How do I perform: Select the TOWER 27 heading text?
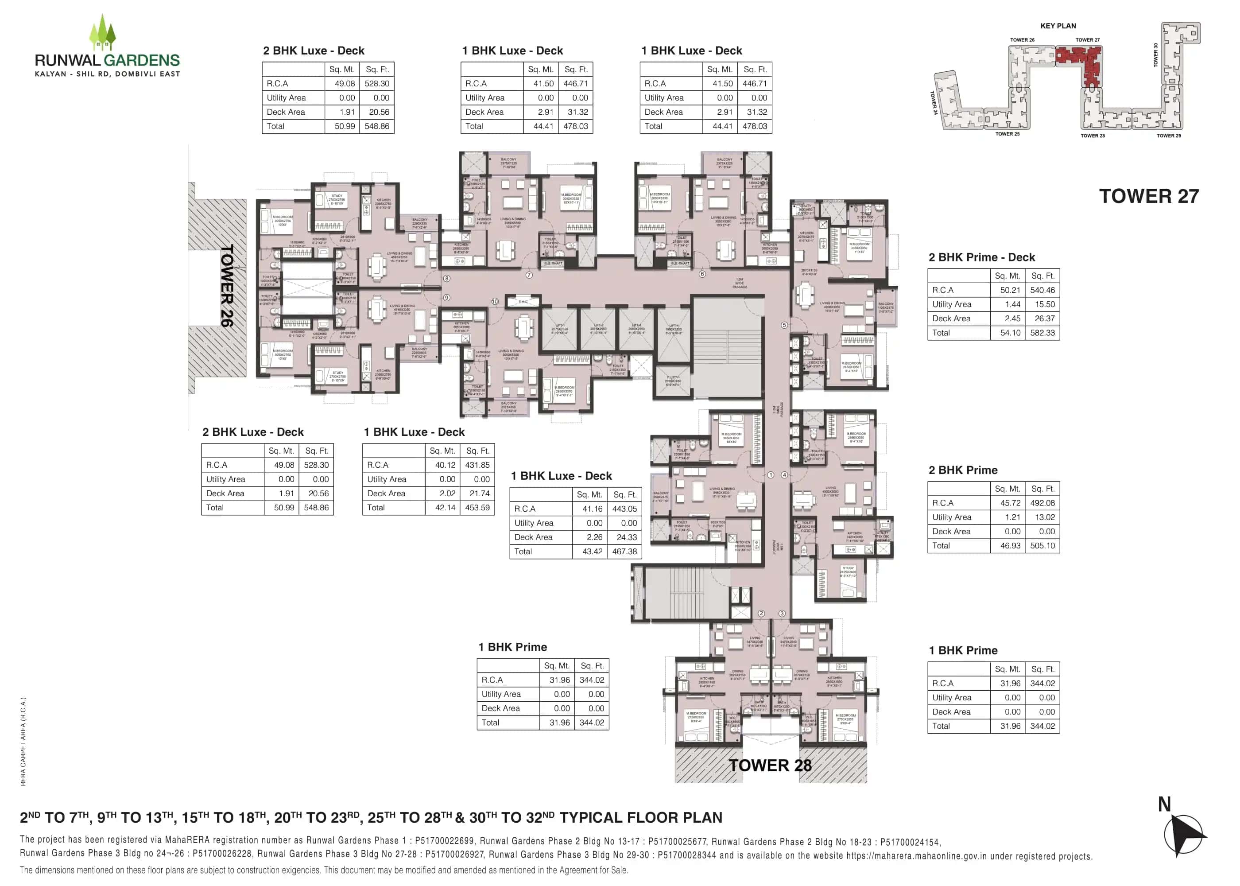click(x=1148, y=196)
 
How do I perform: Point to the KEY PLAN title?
click(x=1058, y=26)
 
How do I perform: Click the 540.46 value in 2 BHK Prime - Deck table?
click(x=1042, y=290)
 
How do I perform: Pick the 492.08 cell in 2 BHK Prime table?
click(x=1042, y=503)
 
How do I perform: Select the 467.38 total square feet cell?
click(x=624, y=552)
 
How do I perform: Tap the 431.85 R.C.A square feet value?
click(x=477, y=465)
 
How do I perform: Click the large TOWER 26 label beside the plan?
click(x=227, y=285)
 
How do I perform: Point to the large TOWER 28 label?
click(x=770, y=766)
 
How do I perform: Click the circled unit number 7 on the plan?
click(x=529, y=275)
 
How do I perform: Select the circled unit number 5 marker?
click(x=784, y=325)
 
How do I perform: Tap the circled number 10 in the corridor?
click(x=495, y=302)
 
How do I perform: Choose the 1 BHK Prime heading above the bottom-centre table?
click(x=512, y=647)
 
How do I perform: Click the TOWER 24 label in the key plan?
click(x=934, y=103)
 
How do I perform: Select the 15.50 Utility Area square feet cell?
click(x=1042, y=304)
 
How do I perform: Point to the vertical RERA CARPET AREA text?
click(x=23, y=742)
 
